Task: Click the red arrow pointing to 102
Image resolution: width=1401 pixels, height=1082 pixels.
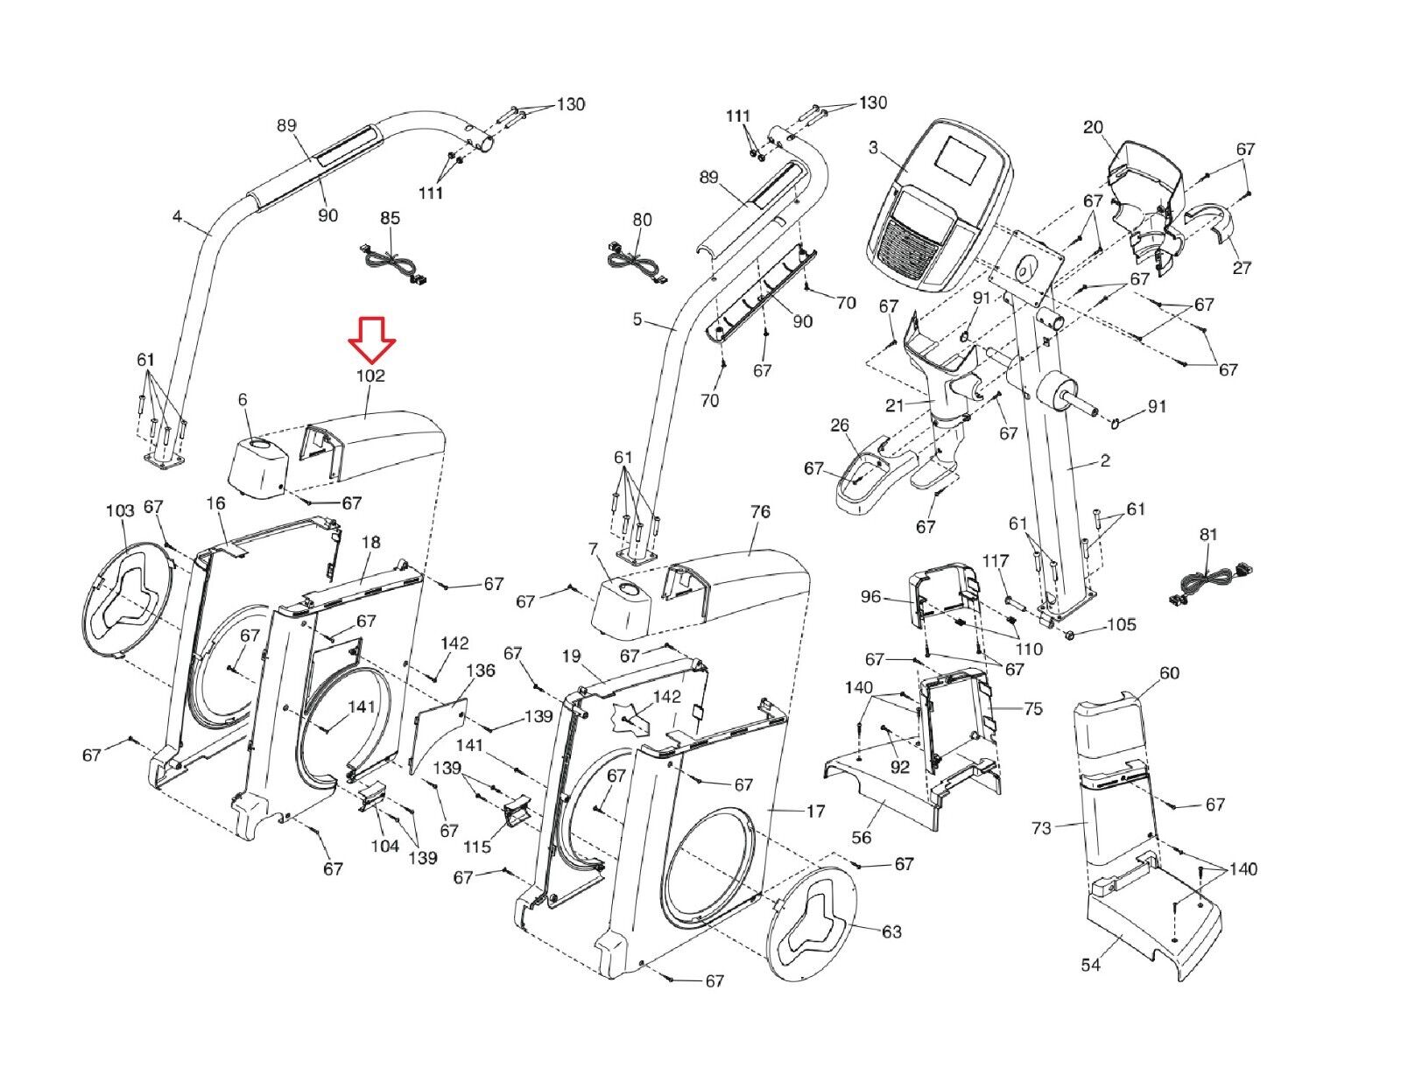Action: pyautogui.click(x=372, y=338)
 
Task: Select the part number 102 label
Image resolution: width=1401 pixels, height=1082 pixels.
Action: pyautogui.click(x=370, y=376)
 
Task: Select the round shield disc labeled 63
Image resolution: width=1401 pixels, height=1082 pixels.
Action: pyautogui.click(x=812, y=929)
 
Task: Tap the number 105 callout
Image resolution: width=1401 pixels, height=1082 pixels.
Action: pyautogui.click(x=1121, y=624)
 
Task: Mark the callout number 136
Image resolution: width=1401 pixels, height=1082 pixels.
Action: pyautogui.click(x=480, y=671)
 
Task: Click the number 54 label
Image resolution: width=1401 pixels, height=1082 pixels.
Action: pyautogui.click(x=1091, y=965)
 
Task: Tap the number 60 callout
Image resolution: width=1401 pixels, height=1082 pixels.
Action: pyautogui.click(x=1169, y=672)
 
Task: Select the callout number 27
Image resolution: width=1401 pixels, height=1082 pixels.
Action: pyautogui.click(x=1242, y=267)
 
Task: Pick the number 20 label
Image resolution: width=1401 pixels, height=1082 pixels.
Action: pyautogui.click(x=1093, y=128)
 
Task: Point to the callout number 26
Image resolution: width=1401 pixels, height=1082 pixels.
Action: pyautogui.click(x=839, y=425)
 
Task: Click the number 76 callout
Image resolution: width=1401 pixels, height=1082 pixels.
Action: pyautogui.click(x=760, y=511)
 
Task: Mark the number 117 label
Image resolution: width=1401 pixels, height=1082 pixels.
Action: pyautogui.click(x=996, y=561)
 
